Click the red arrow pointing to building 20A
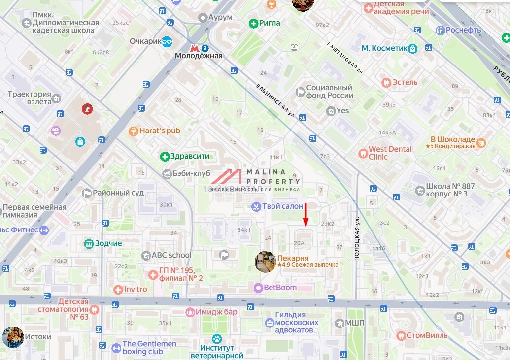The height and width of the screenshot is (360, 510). (306, 215)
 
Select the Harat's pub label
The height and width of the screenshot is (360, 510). (160, 131)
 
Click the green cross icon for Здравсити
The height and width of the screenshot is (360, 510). (165, 157)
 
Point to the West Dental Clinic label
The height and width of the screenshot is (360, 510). (390, 153)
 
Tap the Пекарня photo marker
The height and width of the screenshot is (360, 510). (265, 262)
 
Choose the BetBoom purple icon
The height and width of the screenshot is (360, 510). (258, 288)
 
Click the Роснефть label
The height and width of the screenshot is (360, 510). (463, 30)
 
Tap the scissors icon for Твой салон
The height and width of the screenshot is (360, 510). (256, 206)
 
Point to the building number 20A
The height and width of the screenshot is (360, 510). (299, 243)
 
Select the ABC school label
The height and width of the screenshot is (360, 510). (171, 255)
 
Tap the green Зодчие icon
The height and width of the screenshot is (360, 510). (89, 243)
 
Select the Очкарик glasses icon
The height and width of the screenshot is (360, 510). (167, 41)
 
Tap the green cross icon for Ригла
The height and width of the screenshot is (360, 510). (253, 23)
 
